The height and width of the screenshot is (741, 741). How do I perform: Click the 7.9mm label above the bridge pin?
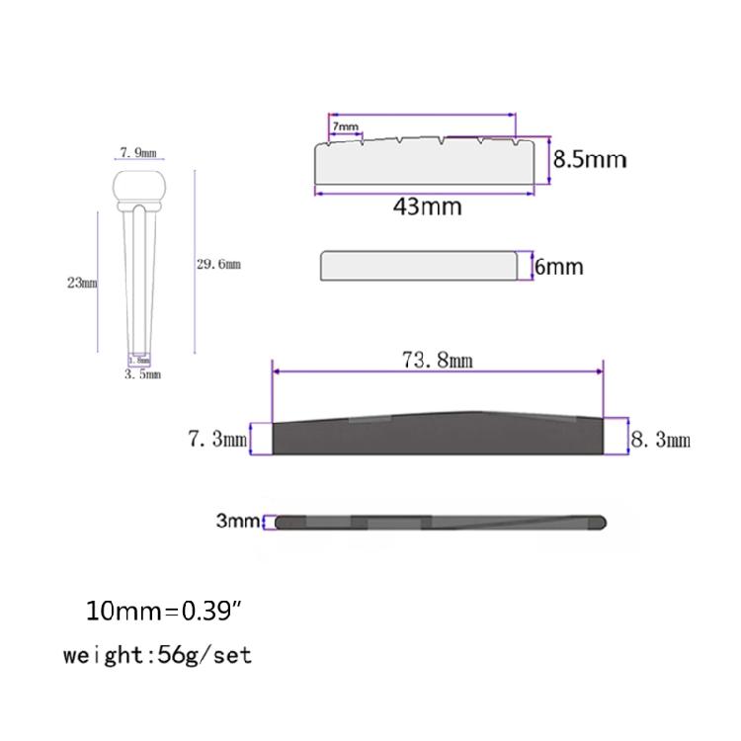click(x=138, y=152)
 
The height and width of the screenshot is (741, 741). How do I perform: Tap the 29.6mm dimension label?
click(x=218, y=264)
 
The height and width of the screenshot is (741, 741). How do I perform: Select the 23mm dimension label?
click(x=82, y=283)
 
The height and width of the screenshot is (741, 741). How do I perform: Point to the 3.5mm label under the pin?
click(x=142, y=374)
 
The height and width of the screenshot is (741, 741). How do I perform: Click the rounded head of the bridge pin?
click(x=139, y=186)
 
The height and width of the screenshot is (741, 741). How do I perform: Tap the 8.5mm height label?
click(x=590, y=159)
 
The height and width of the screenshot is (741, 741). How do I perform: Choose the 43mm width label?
click(x=427, y=206)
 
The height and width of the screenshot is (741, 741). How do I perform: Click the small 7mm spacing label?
click(x=346, y=126)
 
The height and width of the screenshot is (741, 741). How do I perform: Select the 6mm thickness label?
click(x=559, y=267)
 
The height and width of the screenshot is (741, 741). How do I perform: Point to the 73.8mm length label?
click(x=437, y=360)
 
